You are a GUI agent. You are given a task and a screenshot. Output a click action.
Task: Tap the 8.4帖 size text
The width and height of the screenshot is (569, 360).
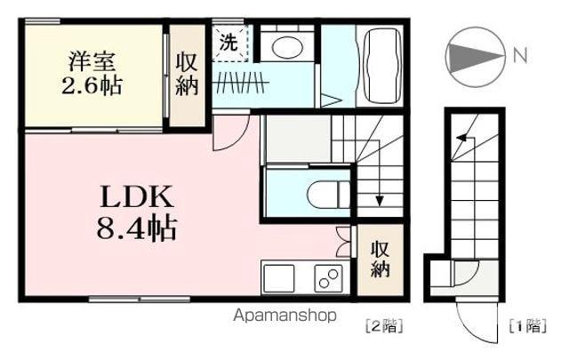[135, 229]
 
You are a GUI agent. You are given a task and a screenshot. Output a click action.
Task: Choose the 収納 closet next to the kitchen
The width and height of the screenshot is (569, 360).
[379, 259]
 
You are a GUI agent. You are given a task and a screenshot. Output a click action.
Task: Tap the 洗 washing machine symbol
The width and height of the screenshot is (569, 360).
[228, 41]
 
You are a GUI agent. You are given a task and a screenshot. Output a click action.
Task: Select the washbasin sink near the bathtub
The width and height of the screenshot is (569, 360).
[288, 48]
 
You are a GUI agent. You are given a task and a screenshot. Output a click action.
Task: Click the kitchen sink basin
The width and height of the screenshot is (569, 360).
[277, 277]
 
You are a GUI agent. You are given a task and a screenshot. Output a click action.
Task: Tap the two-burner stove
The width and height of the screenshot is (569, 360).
[326, 278]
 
